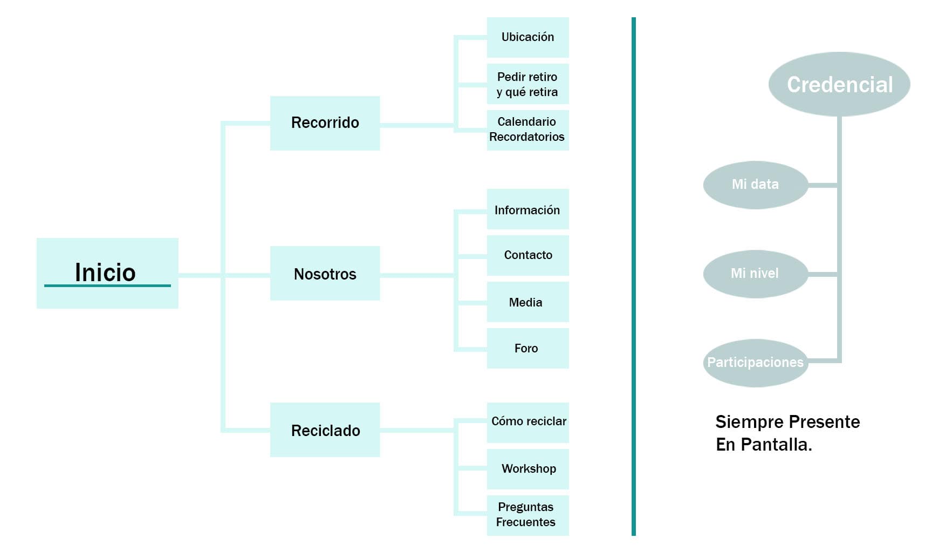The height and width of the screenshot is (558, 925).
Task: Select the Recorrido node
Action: [x=325, y=123]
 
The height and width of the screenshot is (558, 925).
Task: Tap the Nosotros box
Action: [x=325, y=274]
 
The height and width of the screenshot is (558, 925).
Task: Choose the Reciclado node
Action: [x=325, y=430]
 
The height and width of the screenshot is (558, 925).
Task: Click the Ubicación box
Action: [x=527, y=37]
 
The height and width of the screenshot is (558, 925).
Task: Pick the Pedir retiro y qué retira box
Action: [x=527, y=84]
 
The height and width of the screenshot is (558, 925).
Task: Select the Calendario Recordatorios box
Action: [x=527, y=130]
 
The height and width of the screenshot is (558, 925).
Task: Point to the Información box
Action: [x=527, y=209]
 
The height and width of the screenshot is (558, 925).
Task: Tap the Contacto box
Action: [x=527, y=255]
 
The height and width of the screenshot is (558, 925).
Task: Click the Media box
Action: [x=527, y=302]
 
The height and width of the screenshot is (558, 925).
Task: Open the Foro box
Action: [x=527, y=348]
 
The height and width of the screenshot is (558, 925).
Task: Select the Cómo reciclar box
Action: [x=527, y=422]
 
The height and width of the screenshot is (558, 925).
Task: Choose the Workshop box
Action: [x=527, y=469]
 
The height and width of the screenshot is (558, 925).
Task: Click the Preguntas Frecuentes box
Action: [x=527, y=515]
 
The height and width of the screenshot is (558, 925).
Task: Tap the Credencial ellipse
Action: [x=839, y=84]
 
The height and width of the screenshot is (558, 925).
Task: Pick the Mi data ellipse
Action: [x=755, y=185]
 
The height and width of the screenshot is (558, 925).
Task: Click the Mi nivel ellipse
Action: [x=755, y=274]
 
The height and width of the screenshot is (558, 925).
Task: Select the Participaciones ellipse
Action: [x=755, y=363]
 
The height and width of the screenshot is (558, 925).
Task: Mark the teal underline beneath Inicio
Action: [x=107, y=285]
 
